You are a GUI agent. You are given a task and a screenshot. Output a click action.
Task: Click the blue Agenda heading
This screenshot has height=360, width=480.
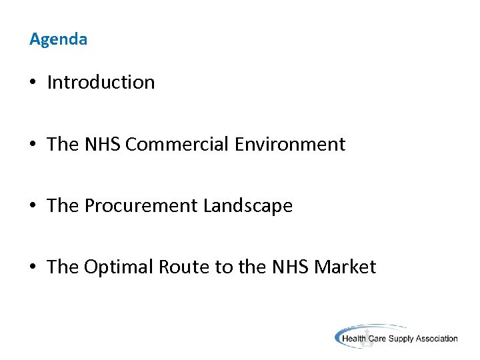tap(58, 39)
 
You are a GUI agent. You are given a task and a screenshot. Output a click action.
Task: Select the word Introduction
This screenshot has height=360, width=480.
tap(101, 83)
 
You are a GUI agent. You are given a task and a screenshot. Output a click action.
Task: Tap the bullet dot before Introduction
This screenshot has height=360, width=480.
tap(33, 83)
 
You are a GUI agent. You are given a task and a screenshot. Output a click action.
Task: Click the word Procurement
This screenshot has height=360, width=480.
tap(141, 206)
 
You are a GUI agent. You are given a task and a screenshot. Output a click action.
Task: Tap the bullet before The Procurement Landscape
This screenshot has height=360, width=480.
tap(33, 207)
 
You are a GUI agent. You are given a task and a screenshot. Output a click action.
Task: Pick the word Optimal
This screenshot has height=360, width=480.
tap(118, 267)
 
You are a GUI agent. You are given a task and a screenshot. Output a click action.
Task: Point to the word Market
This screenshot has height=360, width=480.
tap(345, 267)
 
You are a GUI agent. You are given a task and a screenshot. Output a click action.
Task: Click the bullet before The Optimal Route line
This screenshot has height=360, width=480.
tap(33, 268)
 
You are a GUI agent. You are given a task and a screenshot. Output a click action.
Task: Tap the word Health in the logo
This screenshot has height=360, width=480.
tap(354, 339)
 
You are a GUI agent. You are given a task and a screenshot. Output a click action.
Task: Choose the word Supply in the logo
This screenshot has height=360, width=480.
tap(401, 339)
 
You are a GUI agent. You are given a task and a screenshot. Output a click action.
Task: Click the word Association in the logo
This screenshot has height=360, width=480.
tap(437, 339)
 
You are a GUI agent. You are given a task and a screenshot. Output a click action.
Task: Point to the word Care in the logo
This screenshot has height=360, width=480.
tap(378, 339)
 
